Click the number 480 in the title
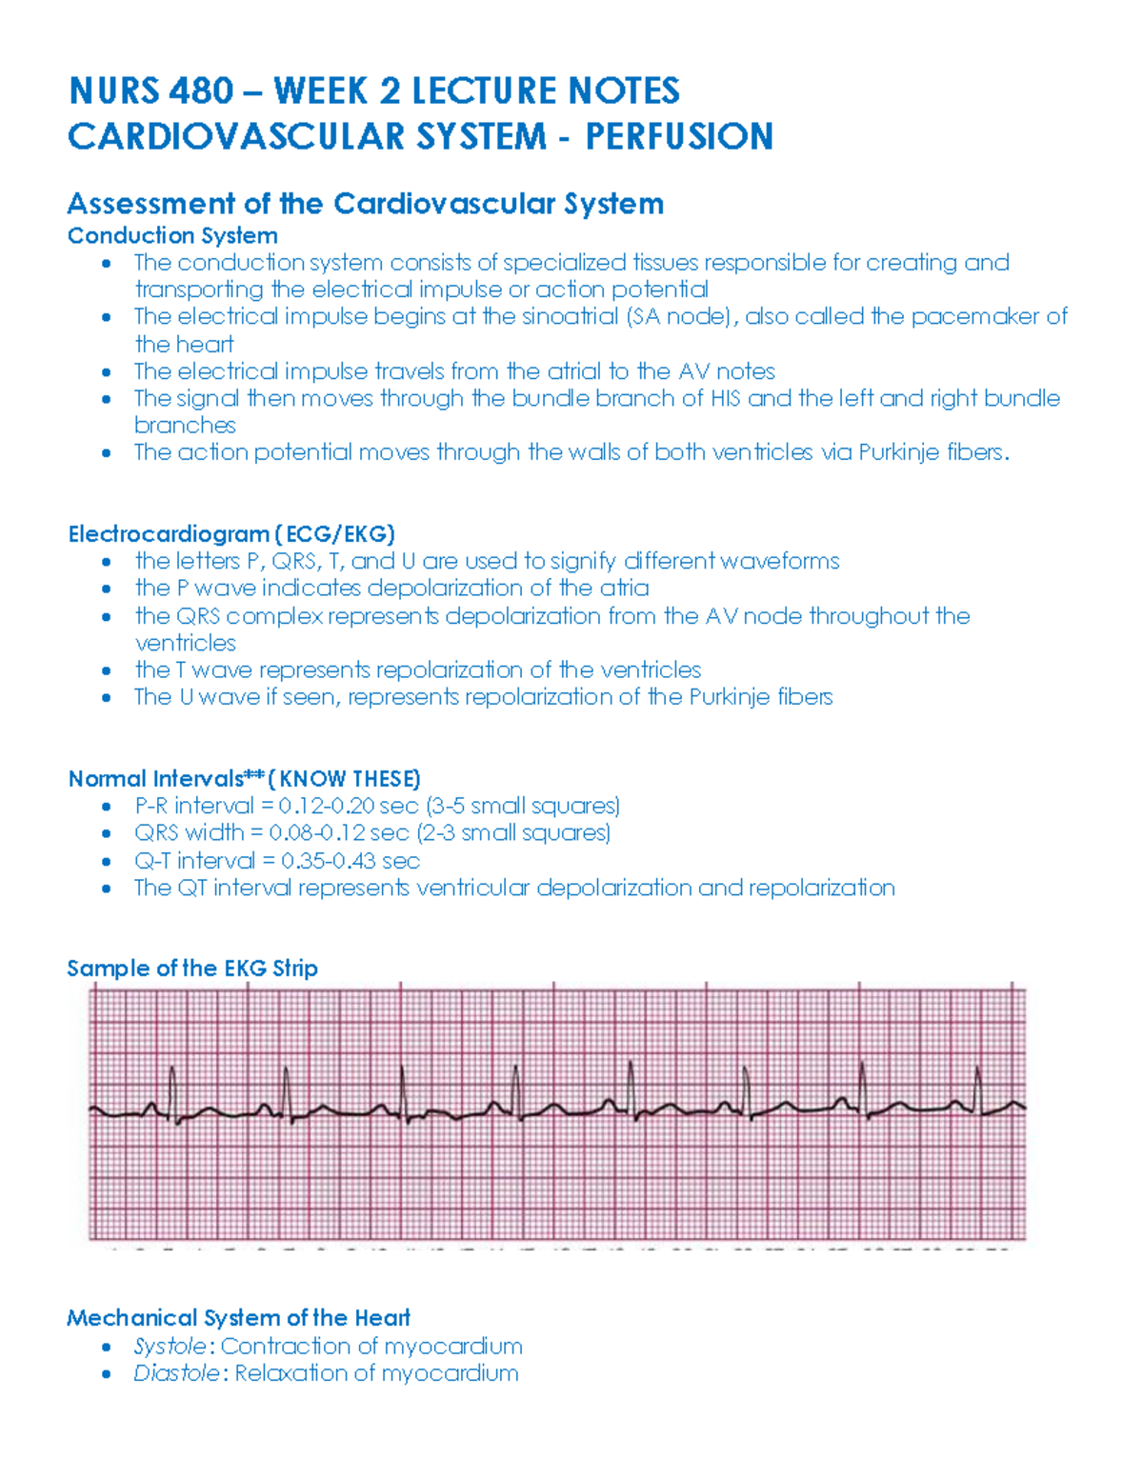[x=201, y=91]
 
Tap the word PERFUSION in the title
[x=679, y=136]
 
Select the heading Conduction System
[x=172, y=235]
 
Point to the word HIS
[x=725, y=398]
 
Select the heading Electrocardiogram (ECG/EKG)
[x=231, y=534]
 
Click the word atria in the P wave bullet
[x=624, y=589]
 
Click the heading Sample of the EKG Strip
[x=192, y=969]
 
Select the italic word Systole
[x=170, y=1347]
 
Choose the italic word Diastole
[x=176, y=1373]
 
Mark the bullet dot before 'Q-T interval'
[x=107, y=861]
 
